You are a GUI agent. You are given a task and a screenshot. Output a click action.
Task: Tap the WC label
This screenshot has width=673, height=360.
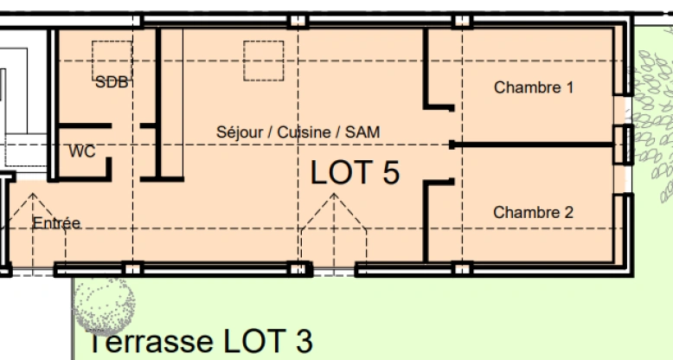tap(82, 151)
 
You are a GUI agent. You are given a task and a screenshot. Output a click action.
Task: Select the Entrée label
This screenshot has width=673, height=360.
tap(56, 223)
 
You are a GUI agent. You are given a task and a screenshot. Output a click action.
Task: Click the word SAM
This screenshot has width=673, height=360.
tap(362, 132)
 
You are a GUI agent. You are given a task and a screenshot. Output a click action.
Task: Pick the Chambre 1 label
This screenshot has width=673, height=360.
tap(534, 87)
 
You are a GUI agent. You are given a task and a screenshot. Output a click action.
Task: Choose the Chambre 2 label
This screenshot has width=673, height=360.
tap(534, 212)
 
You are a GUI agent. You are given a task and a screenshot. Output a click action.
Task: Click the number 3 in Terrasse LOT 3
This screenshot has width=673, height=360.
tap(302, 341)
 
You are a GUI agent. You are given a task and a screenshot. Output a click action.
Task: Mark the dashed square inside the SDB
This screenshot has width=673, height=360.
tap(112, 58)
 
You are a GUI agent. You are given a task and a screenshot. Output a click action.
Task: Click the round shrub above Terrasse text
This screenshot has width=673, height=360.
tap(103, 304)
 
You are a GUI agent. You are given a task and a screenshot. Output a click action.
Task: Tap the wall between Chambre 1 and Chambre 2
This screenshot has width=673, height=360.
tap(536, 144)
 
